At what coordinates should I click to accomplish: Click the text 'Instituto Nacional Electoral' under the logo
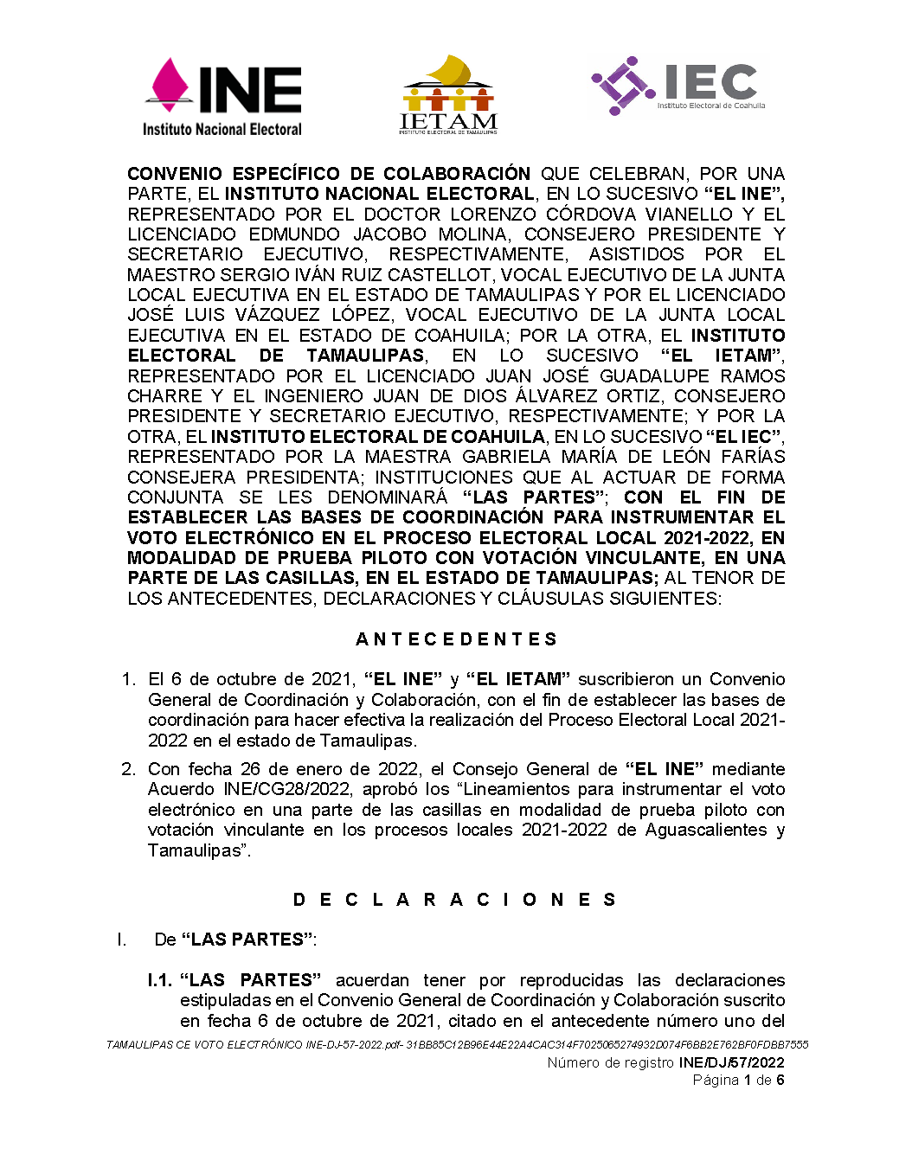(x=222, y=130)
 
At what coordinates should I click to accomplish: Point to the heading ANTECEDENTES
(x=456, y=639)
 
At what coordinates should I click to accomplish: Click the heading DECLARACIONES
(x=455, y=900)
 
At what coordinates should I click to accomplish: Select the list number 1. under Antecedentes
(x=129, y=679)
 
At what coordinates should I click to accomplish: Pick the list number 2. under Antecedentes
(x=129, y=769)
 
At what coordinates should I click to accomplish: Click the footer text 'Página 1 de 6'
(x=738, y=1080)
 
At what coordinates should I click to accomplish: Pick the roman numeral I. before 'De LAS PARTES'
(x=122, y=940)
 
